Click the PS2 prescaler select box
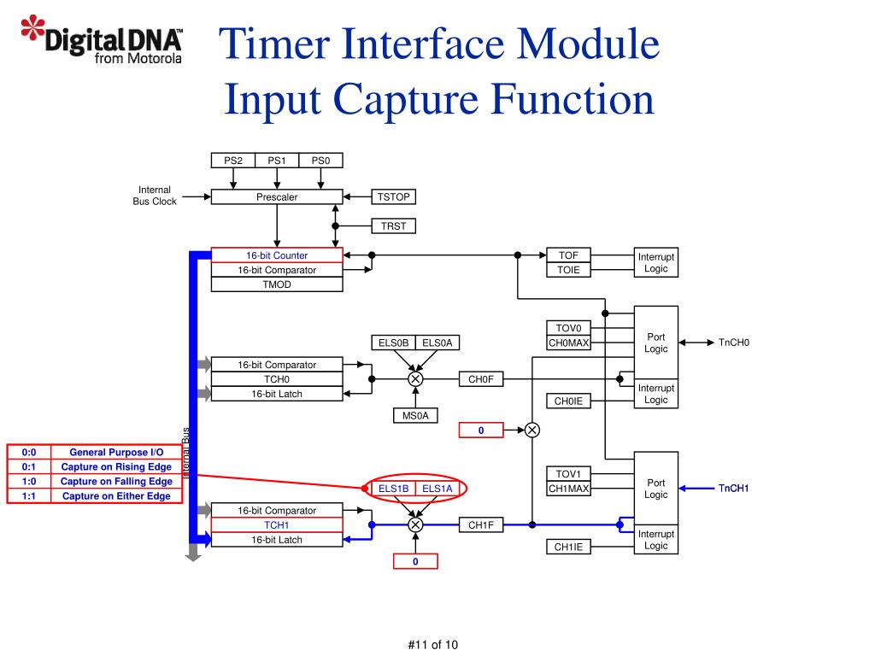tap(233, 161)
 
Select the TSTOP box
tap(393, 197)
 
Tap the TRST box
tap(393, 225)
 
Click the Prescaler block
tap(277, 197)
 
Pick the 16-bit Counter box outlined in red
tap(277, 255)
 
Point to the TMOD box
tap(277, 284)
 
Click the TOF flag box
tap(568, 255)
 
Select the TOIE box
tap(568, 270)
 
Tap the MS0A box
tap(415, 416)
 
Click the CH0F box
tap(481, 379)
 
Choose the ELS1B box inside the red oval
tap(393, 489)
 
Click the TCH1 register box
tap(277, 525)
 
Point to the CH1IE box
tap(568, 547)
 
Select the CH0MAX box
tap(568, 343)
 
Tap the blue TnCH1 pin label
tap(733, 489)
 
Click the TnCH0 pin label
tap(734, 343)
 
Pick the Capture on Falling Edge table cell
tap(116, 482)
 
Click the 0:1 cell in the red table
tap(29, 467)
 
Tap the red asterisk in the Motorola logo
tap(33, 26)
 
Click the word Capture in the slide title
tap(406, 99)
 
